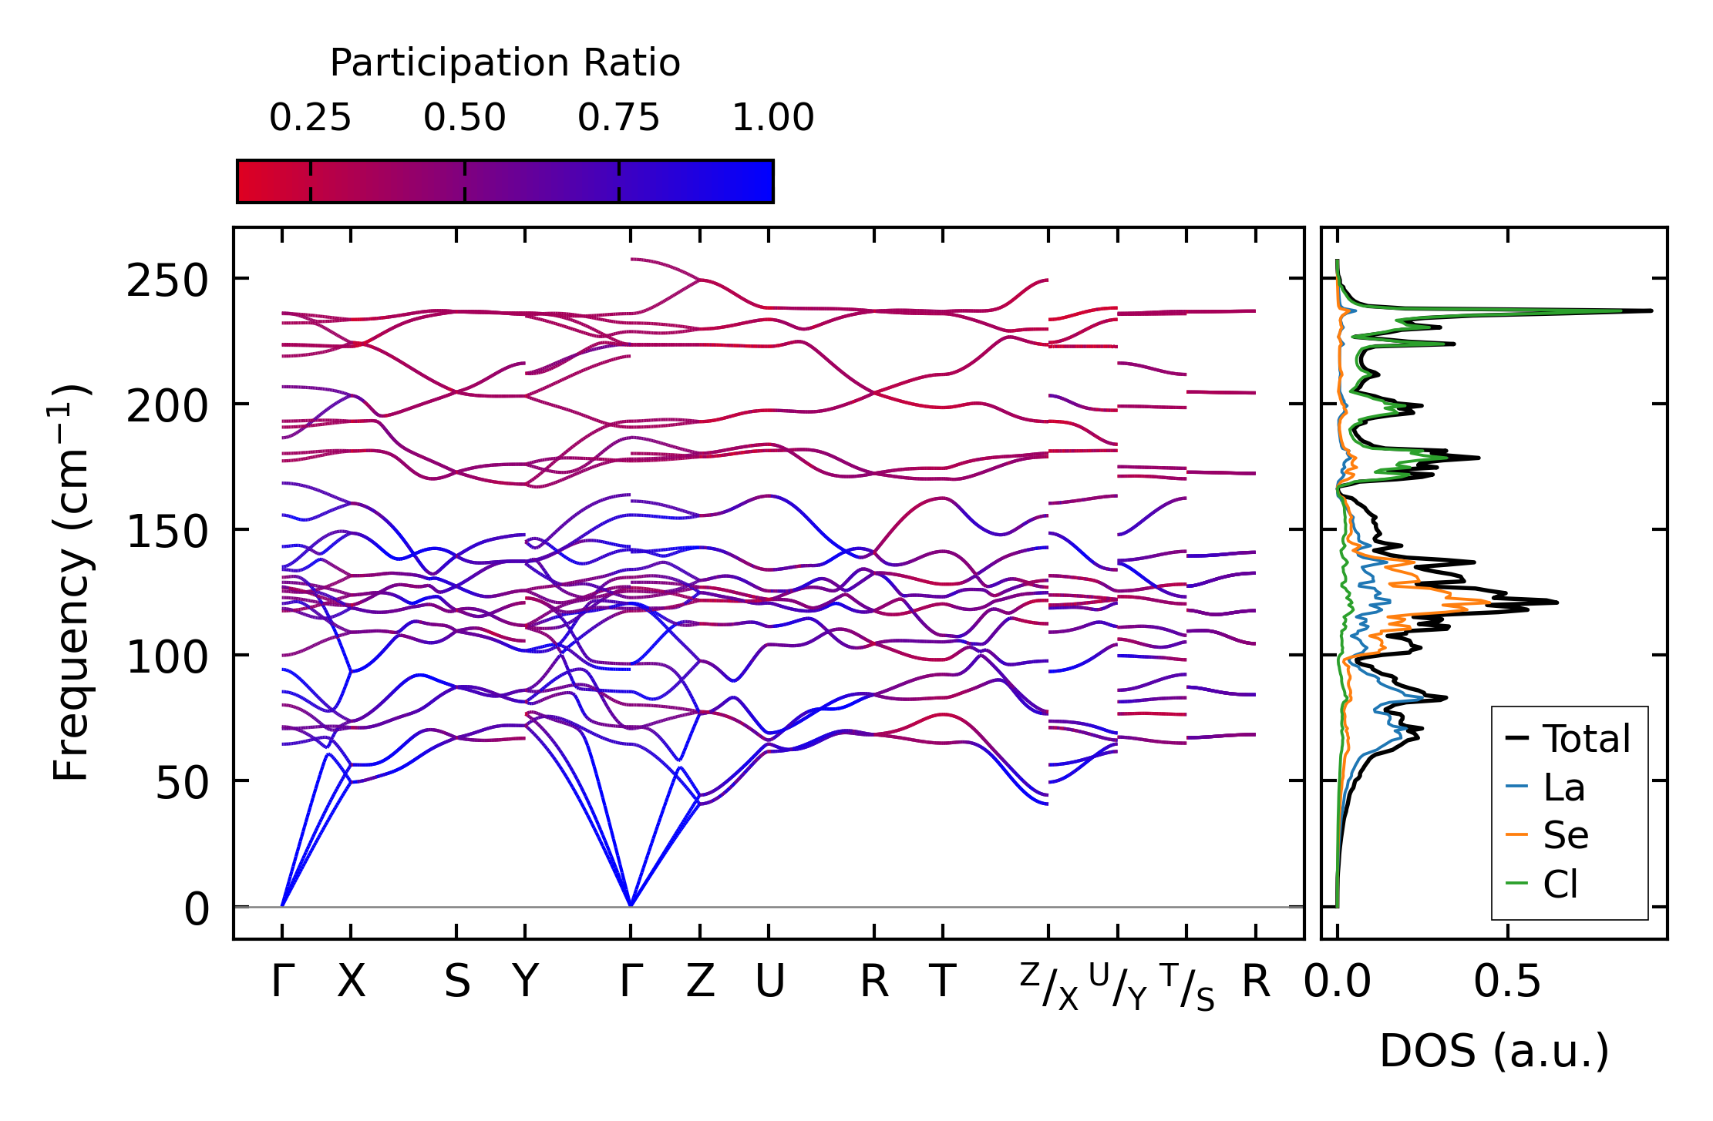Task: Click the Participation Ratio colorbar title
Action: click(x=505, y=63)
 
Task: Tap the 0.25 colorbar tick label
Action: click(x=310, y=118)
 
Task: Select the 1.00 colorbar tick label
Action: click(x=772, y=118)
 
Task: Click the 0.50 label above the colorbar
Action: click(x=464, y=118)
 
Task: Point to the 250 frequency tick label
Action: click(x=167, y=280)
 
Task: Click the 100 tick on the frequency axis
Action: click(x=167, y=657)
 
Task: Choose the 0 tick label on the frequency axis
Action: click(x=197, y=909)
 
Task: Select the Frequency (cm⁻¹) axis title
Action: click(x=71, y=582)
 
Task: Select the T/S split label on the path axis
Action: click(x=1186, y=986)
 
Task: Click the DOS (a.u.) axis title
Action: click(x=1494, y=1051)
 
